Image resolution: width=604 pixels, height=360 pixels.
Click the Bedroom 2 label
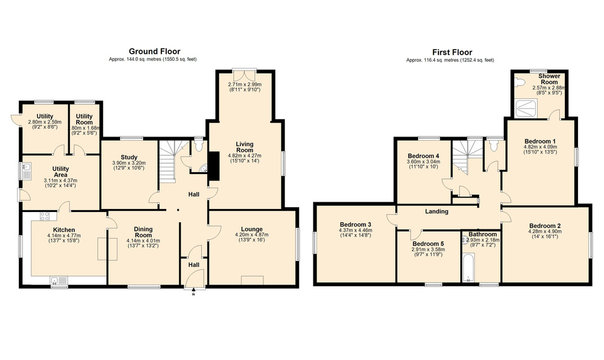(545, 226)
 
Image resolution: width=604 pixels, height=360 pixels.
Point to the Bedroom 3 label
(356, 224)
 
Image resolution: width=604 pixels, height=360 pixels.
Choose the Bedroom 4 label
(424, 156)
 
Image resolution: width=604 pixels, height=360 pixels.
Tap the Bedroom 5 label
(428, 244)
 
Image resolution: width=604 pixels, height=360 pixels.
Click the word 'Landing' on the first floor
(435, 211)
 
